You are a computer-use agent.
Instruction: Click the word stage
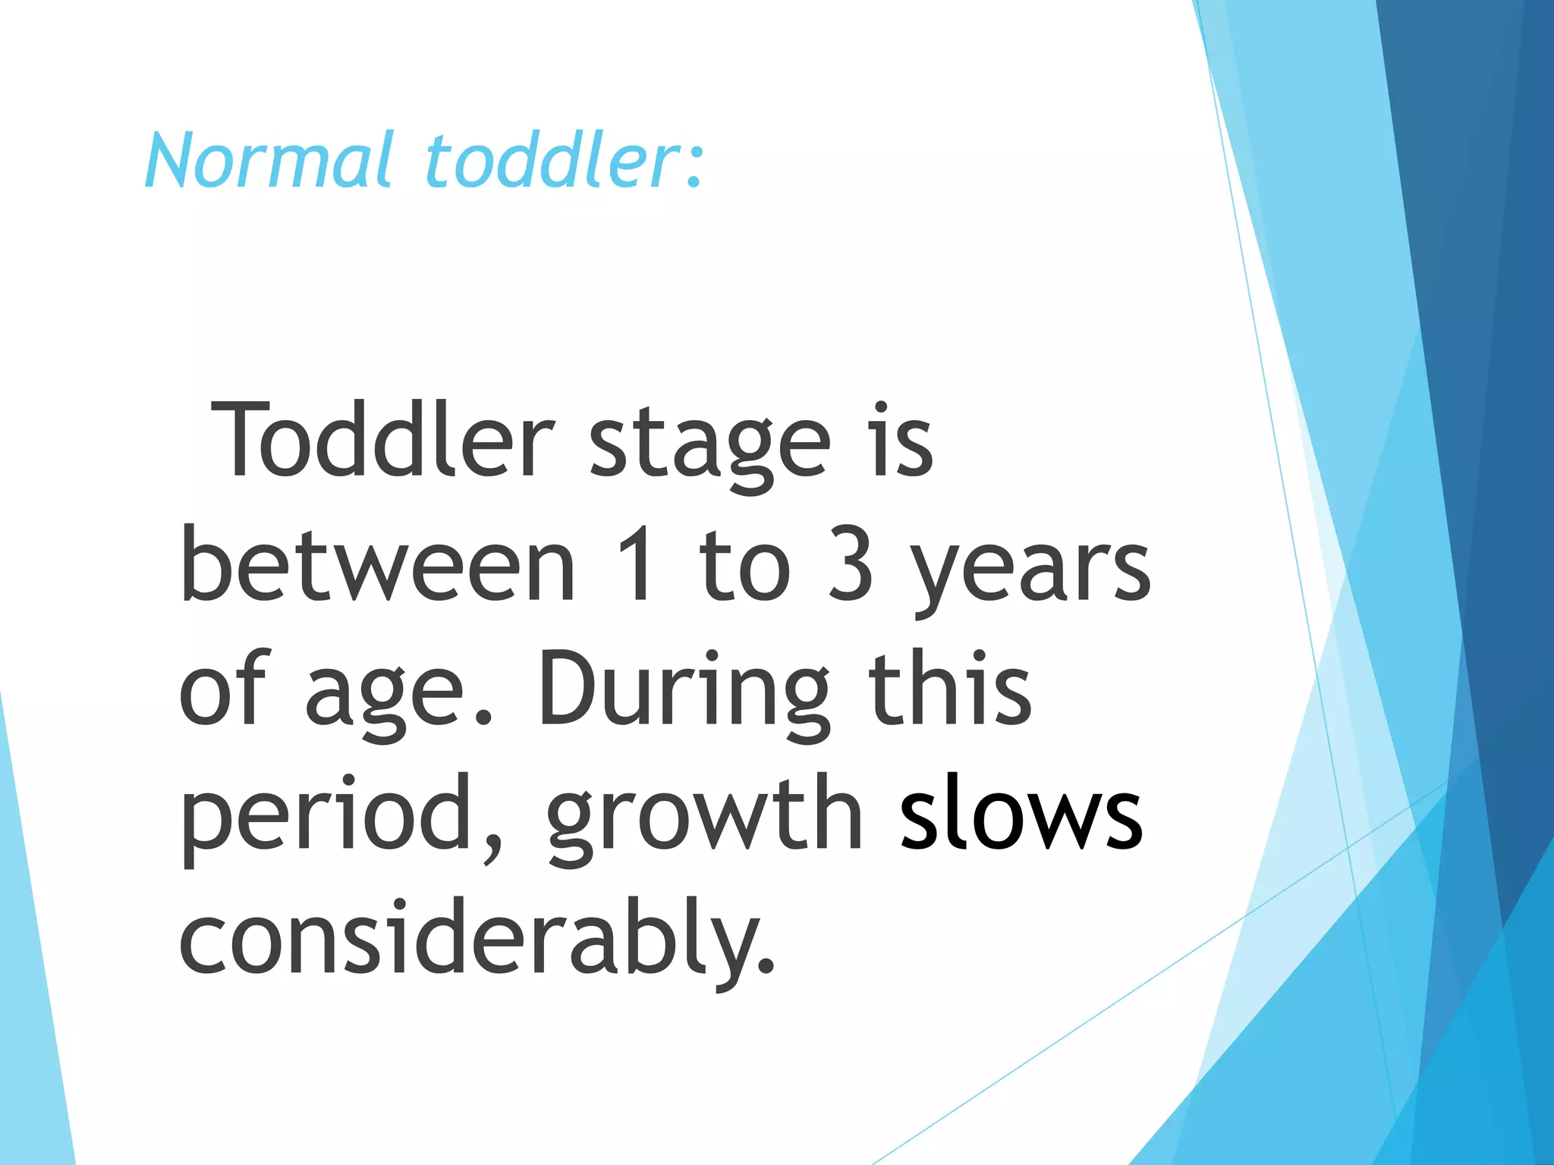click(709, 447)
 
